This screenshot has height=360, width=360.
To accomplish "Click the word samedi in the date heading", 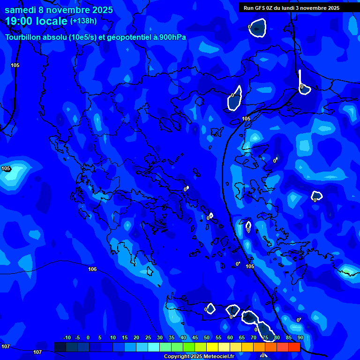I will pyautogui.click(x=20, y=10).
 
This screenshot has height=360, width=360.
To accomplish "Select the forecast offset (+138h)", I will pyautogui.click(x=83, y=21).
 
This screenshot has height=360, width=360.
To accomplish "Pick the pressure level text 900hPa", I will pyautogui.click(x=172, y=37).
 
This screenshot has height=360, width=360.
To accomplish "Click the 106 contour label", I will pyautogui.click(x=92, y=269).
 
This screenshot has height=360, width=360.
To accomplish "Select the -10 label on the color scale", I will pyautogui.click(x=67, y=338).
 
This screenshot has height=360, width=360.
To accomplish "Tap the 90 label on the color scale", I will pyautogui.click(x=300, y=338).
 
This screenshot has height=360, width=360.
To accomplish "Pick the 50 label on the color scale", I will pyautogui.click(x=207, y=338).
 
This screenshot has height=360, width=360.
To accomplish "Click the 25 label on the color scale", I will pyautogui.click(x=148, y=338).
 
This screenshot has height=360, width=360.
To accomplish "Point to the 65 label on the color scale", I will pyautogui.click(x=242, y=338).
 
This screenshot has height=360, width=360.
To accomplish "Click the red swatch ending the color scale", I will pyautogui.click(x=294, y=347).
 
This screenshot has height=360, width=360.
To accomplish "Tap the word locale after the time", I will pyautogui.click(x=51, y=21).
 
